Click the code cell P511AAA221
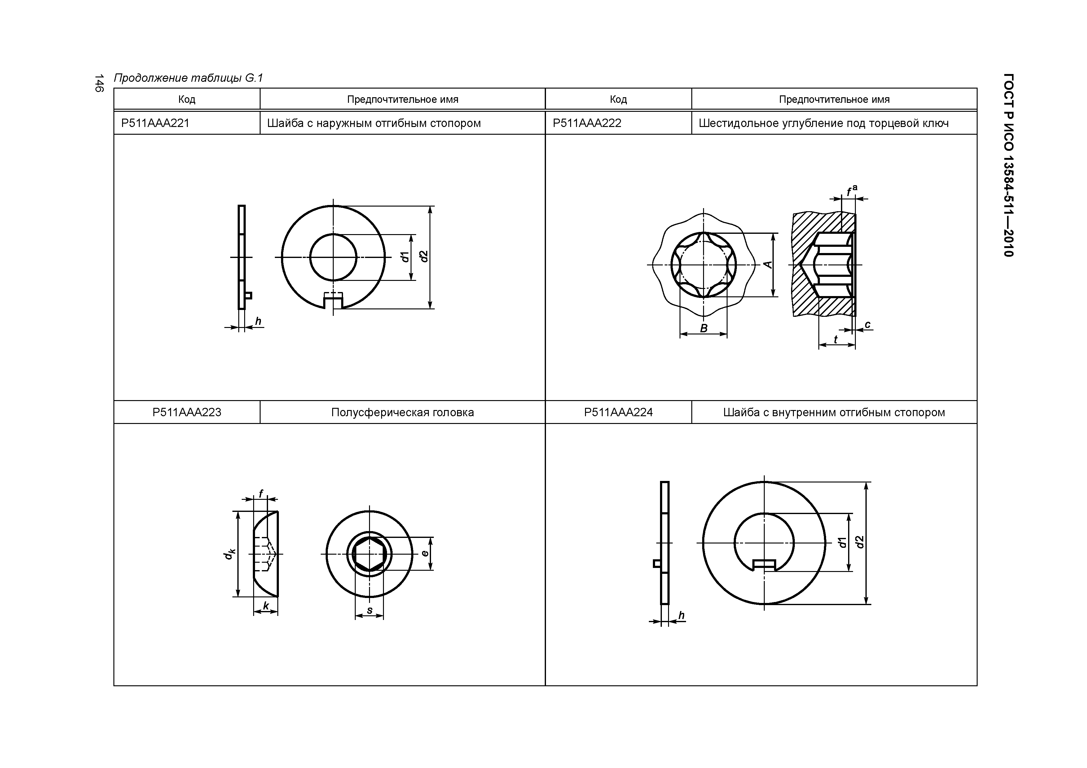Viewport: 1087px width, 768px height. pyautogui.click(x=155, y=123)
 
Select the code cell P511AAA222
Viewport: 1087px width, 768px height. pyautogui.click(x=587, y=123)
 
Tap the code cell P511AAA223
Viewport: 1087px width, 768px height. pyautogui.click(x=187, y=412)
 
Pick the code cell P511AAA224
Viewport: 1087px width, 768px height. pyautogui.click(x=618, y=412)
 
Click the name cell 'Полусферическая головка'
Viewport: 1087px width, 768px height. pyautogui.click(x=403, y=412)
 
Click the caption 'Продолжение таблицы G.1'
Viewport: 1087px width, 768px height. pyautogui.click(x=188, y=78)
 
